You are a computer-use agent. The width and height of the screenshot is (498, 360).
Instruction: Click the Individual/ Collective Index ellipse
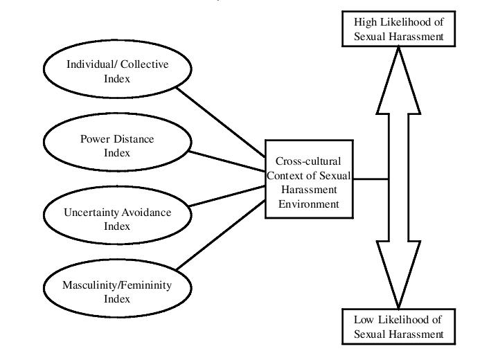tap(117, 70)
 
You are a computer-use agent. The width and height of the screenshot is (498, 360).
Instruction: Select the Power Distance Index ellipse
tap(117, 145)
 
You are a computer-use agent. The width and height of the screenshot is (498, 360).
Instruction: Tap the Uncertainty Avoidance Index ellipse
tap(117, 217)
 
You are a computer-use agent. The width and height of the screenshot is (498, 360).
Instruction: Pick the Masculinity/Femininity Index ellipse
tap(117, 291)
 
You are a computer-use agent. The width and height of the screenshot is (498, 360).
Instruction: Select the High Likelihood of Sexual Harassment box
tap(398, 30)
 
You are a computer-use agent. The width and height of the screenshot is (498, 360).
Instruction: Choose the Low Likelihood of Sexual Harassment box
tap(398, 327)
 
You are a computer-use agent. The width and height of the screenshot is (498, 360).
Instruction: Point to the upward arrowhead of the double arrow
tap(398, 69)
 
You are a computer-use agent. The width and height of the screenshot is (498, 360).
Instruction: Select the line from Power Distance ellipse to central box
tap(229, 161)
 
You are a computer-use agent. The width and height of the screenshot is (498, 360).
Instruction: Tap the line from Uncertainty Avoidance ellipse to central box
tap(229, 196)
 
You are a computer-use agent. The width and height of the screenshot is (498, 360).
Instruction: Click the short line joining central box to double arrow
tap(369, 179)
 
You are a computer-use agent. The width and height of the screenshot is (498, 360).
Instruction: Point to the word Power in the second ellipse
tap(95, 138)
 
